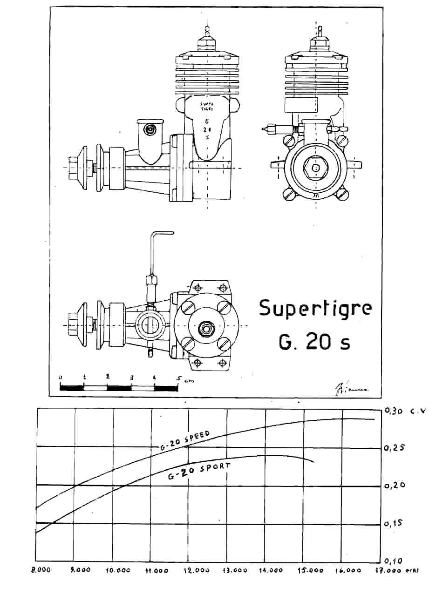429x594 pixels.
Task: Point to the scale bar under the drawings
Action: coord(119,387)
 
